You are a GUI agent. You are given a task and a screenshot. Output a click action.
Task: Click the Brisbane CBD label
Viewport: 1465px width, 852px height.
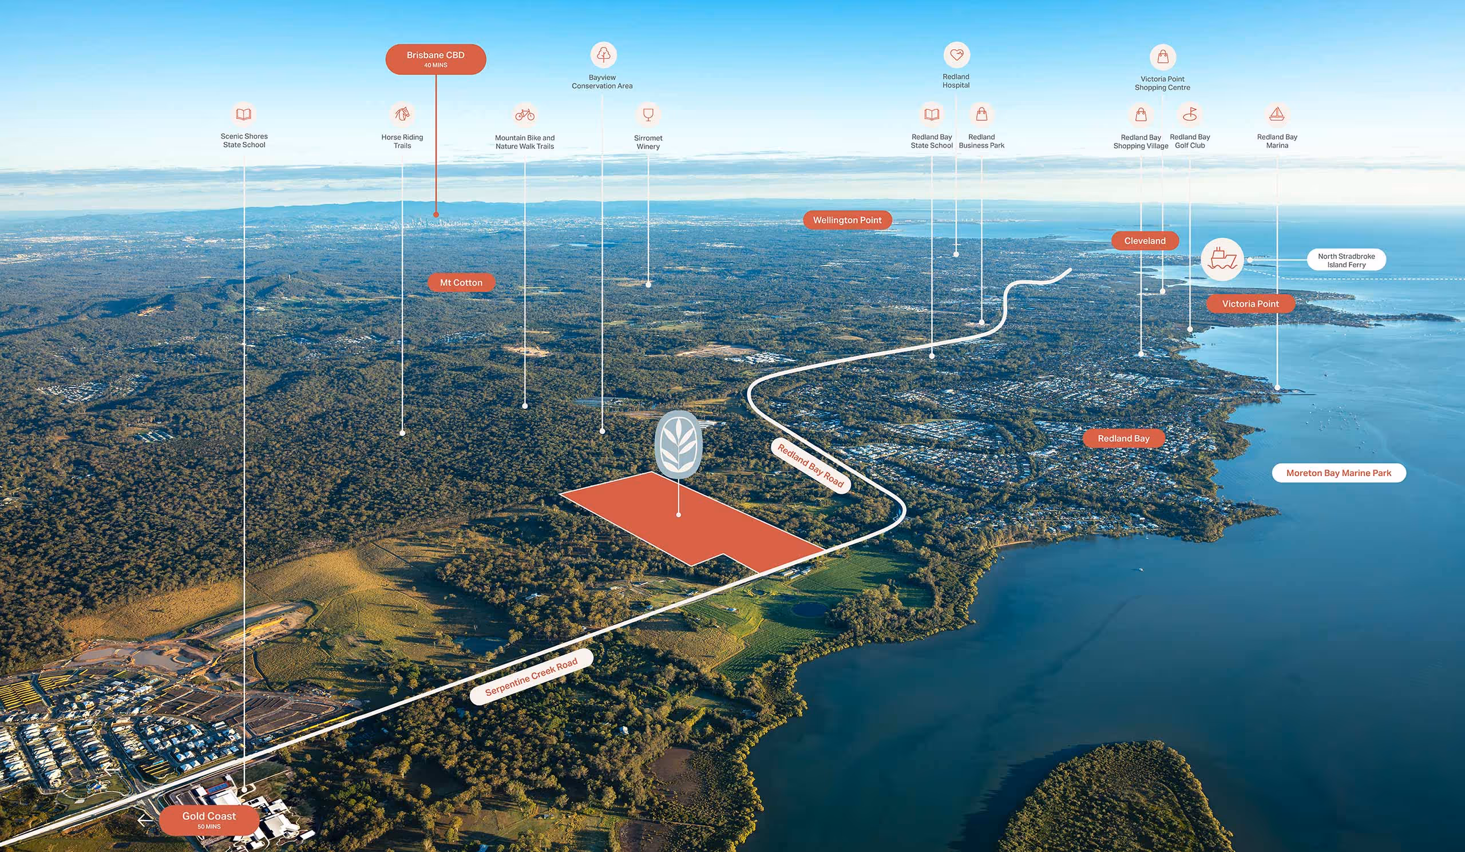coord(435,59)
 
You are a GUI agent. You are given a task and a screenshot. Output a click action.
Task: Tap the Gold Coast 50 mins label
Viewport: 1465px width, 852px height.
coord(209,819)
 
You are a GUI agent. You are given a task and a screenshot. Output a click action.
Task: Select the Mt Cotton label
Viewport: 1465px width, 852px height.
coord(461,283)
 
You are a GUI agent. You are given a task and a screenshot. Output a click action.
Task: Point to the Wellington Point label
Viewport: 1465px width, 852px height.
coord(847,220)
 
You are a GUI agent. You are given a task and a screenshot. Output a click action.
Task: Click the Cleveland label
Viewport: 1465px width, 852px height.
coord(1145,240)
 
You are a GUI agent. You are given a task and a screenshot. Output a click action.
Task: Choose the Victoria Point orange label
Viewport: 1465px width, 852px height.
coord(1250,303)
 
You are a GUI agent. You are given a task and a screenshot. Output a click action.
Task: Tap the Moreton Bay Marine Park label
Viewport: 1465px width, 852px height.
coord(1339,473)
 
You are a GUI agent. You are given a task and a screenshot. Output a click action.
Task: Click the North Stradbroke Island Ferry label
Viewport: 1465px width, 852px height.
coord(1346,260)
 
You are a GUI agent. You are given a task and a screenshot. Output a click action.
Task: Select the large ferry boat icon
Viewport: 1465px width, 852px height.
coord(1222,259)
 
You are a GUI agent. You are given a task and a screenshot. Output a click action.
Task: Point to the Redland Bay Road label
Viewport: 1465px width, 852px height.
coord(810,466)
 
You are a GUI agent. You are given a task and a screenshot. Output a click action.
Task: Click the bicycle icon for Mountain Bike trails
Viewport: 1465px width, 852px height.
coord(524,114)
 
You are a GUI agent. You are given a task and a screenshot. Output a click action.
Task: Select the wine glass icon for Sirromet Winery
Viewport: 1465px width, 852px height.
coord(648,114)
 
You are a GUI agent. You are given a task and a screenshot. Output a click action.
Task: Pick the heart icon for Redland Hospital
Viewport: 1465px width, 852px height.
coord(956,55)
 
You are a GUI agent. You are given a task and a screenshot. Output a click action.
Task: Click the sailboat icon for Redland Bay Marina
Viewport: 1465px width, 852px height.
coord(1277,114)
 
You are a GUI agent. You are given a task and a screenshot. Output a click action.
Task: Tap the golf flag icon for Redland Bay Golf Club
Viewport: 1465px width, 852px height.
coord(1189,114)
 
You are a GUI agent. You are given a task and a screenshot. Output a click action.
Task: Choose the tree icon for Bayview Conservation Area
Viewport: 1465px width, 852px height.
coord(603,54)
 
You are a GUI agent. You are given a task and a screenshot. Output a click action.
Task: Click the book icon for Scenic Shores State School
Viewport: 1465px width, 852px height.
coord(244,114)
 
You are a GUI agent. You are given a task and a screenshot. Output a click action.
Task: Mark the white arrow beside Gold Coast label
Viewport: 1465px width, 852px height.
coord(145,820)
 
